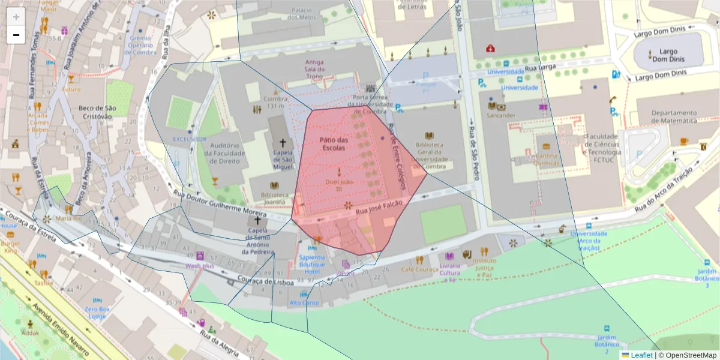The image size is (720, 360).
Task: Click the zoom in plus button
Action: tap(16, 17)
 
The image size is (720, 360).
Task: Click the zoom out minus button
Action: tap(16, 35)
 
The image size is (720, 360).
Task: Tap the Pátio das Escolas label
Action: tap(334, 143)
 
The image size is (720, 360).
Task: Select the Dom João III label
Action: tap(338, 185)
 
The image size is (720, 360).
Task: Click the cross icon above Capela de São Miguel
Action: tap(282, 143)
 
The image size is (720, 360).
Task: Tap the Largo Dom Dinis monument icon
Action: tap(652, 55)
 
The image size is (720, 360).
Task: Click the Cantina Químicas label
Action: tap(547, 159)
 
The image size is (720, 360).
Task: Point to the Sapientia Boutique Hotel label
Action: tap(312, 265)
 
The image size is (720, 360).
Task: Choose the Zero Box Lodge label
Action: tap(97, 312)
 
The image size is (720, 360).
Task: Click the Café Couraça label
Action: tap(419, 270)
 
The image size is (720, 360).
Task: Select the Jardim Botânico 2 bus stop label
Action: tap(607, 341)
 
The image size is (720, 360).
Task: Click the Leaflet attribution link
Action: tap(641, 355)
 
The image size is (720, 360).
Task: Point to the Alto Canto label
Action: tap(304, 303)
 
